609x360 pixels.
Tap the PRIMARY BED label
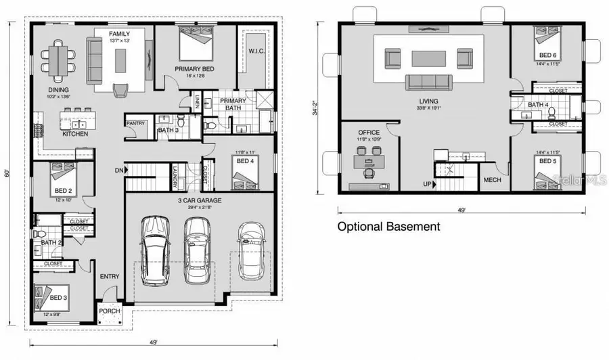click(x=195, y=69)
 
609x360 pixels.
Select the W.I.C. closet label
click(x=256, y=51)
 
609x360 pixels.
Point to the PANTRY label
click(x=136, y=123)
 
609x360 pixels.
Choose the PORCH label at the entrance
click(x=110, y=311)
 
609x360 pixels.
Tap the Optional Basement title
click(x=388, y=227)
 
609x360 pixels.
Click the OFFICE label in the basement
click(x=369, y=133)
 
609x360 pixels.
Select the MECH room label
click(x=491, y=180)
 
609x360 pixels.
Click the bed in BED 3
click(x=46, y=300)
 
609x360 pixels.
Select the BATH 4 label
click(x=537, y=105)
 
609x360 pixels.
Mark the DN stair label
click(x=119, y=171)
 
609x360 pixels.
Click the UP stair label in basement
click(x=428, y=183)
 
